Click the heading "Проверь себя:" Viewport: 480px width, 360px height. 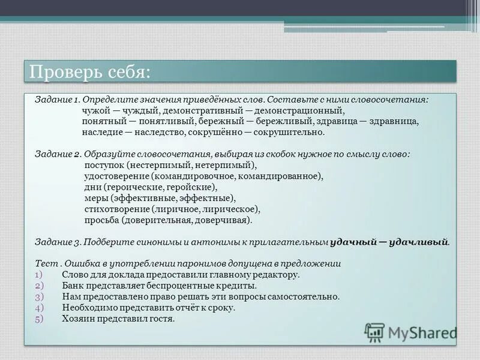pyautogui.click(x=90, y=72)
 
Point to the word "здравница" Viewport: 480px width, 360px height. pyautogui.click(x=395, y=121)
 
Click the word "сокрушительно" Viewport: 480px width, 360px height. pyautogui.click(x=289, y=132)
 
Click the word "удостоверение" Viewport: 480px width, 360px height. pyautogui.click(x=117, y=176)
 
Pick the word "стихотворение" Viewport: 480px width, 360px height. pyautogui.click(x=116, y=209)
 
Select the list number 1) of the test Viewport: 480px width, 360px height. pyautogui.click(x=39, y=275)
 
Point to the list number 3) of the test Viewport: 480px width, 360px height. pyautogui.click(x=39, y=296)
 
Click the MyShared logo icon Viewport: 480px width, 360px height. pyautogui.click(x=375, y=332)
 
